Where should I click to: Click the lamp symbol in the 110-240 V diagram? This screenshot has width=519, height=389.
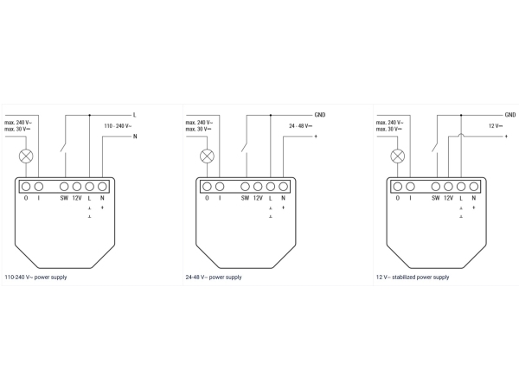(26, 156)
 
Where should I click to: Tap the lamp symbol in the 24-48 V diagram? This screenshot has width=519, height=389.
(208, 156)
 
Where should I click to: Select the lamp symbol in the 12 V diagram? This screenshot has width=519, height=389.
(398, 156)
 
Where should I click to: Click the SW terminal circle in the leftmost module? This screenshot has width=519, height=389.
(64, 187)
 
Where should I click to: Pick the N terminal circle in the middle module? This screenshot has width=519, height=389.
(284, 187)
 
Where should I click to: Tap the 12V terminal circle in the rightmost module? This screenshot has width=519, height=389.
(448, 187)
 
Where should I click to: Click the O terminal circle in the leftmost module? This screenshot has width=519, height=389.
(26, 187)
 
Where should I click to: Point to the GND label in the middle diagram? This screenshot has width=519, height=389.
(320, 115)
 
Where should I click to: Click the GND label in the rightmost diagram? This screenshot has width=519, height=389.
(510, 115)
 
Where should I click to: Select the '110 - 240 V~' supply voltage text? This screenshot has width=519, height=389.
(118, 126)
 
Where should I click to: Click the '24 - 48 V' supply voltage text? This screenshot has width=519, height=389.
(300, 126)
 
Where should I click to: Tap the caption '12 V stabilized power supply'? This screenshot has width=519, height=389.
(413, 277)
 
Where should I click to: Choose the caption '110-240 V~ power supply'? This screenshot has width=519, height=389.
(35, 277)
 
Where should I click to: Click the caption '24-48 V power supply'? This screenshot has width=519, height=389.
(214, 277)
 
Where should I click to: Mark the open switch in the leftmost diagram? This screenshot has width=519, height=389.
(64, 147)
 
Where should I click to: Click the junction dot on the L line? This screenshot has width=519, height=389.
(89, 115)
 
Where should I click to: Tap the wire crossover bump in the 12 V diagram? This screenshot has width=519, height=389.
(461, 135)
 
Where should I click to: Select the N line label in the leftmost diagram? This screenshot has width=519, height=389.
(135, 137)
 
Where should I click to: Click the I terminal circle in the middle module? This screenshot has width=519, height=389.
(220, 187)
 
